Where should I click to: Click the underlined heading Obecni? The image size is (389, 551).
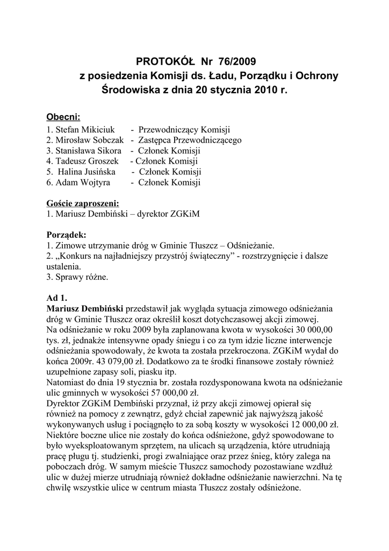click(x=63, y=117)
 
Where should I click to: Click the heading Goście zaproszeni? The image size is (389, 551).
click(x=83, y=203)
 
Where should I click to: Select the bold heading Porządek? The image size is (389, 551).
click(x=66, y=235)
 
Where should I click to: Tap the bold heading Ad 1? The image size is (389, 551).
click(x=57, y=298)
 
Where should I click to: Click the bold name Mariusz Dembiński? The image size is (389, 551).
click(x=85, y=309)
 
